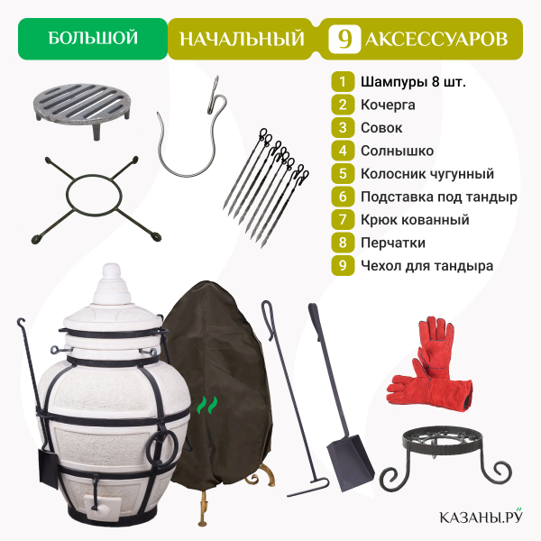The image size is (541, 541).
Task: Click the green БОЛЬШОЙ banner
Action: pos(93,39)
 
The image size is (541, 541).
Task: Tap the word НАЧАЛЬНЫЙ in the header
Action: pos(243,39)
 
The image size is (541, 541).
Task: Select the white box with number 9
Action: pos(344,39)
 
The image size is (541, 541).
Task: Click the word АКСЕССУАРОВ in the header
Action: pos(436,39)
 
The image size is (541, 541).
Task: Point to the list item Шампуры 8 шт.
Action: pos(413,82)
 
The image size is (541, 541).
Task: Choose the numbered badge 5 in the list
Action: pos(343,173)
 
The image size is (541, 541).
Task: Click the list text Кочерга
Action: pos(388,105)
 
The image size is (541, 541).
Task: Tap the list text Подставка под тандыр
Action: pos(439,197)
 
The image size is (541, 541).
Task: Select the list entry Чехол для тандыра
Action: pos(426,266)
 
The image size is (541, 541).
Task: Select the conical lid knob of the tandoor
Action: pos(112,284)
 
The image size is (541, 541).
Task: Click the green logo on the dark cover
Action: pos(207,405)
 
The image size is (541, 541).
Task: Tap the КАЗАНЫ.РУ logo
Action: pos(481,516)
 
